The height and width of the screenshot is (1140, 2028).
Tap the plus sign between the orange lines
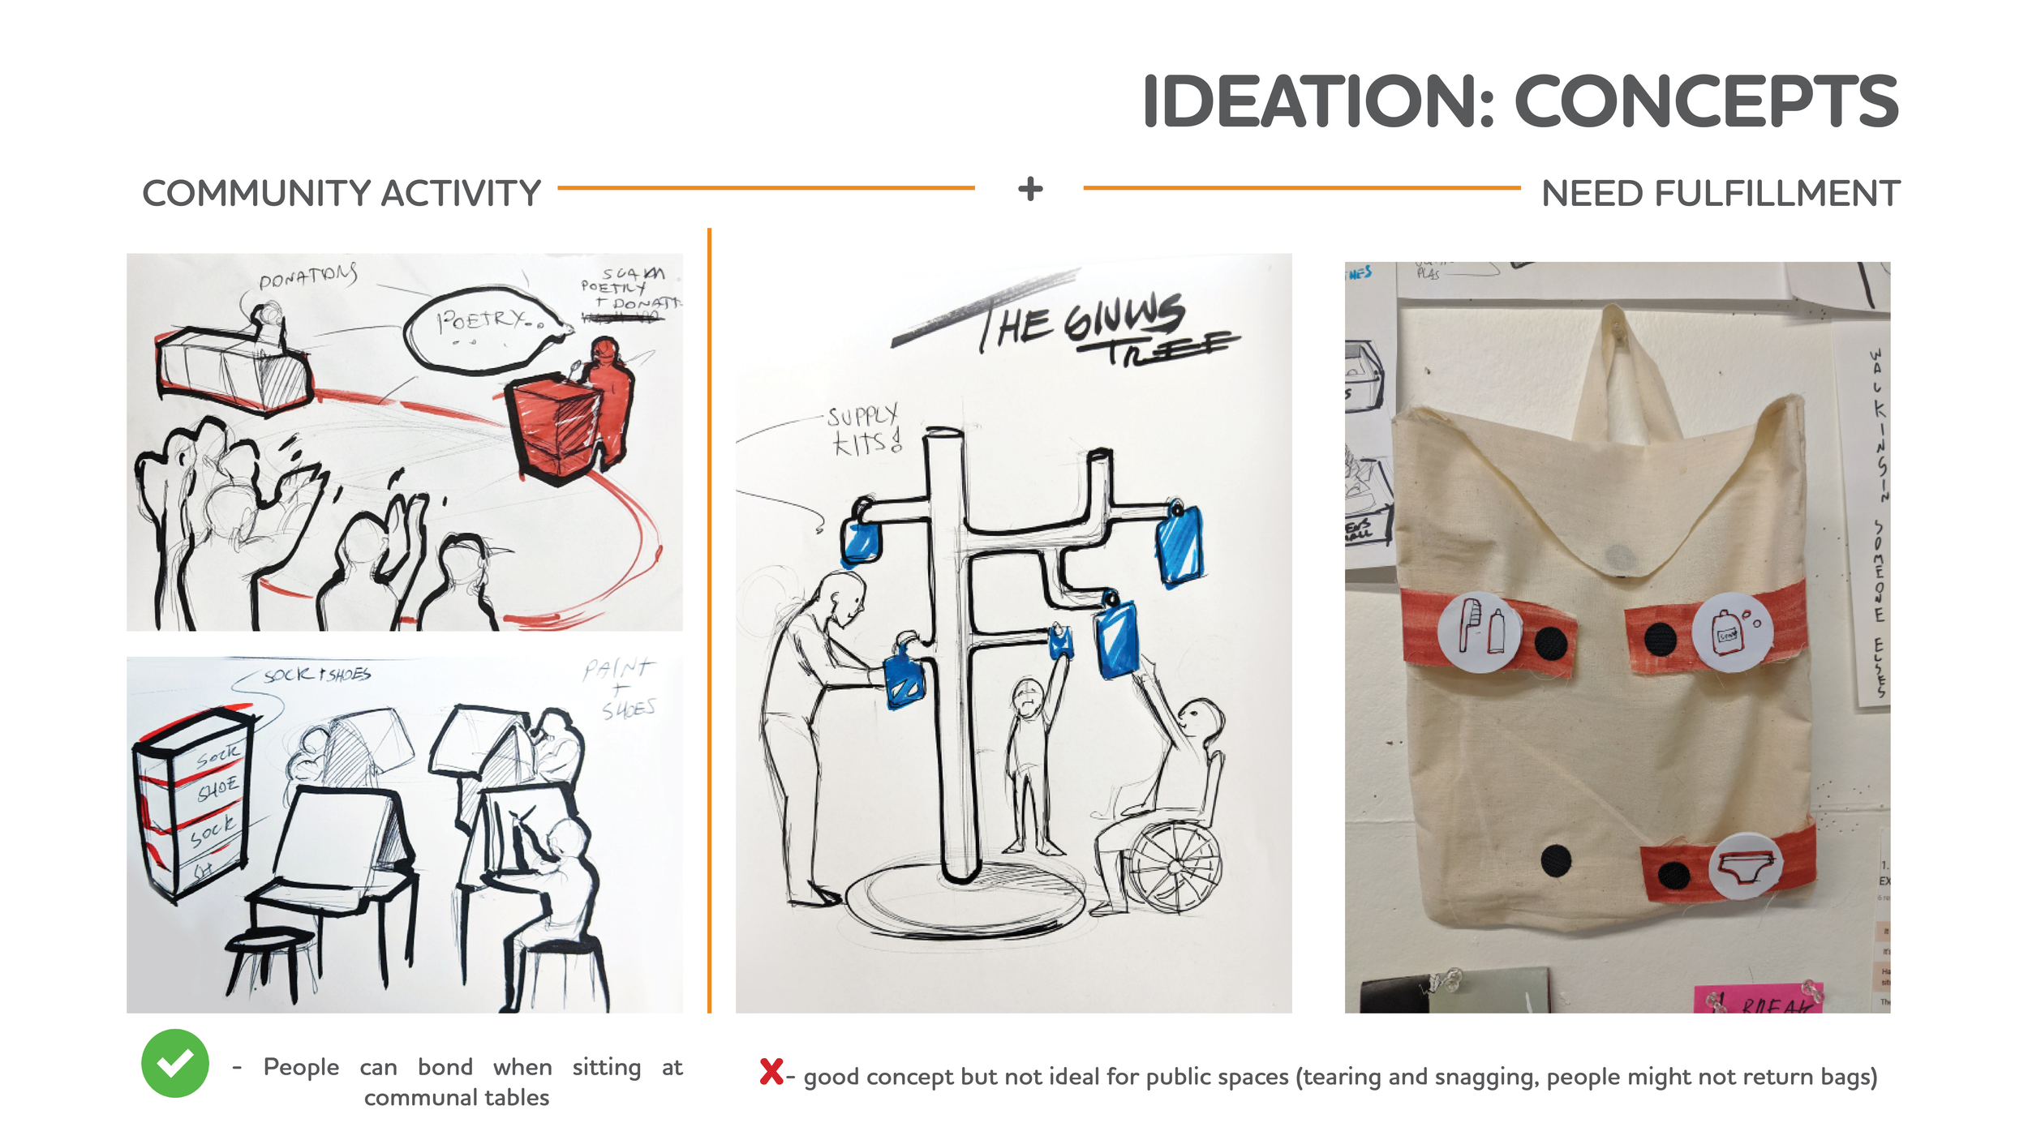pyautogui.click(x=1030, y=189)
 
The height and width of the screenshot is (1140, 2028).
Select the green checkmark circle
pyautogui.click(x=175, y=1063)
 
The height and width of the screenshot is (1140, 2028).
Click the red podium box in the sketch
pyautogui.click(x=556, y=426)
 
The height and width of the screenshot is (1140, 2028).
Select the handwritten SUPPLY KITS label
pyautogui.click(x=865, y=430)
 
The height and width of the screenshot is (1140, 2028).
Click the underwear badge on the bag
pyautogui.click(x=1746, y=866)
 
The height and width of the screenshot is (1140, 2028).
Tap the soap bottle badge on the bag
pyautogui.click(x=1732, y=632)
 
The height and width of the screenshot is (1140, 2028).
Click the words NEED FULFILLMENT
pyautogui.click(x=1720, y=194)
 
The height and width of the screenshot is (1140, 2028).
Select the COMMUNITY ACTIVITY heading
pyautogui.click(x=342, y=194)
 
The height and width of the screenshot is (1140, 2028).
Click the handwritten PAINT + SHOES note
pyautogui.click(x=621, y=689)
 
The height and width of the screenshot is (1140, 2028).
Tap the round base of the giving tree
pyautogui.click(x=965, y=900)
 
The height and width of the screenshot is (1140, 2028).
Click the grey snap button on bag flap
pyautogui.click(x=1620, y=557)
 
